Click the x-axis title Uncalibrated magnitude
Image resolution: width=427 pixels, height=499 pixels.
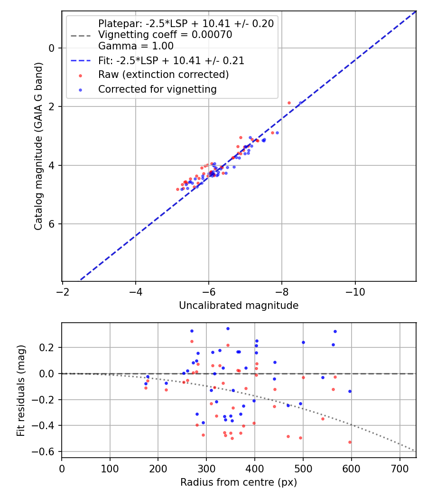click(x=239, y=306)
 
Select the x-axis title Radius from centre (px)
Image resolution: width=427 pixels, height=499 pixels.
click(x=239, y=482)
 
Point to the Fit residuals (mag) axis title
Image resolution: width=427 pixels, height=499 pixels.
click(x=21, y=390)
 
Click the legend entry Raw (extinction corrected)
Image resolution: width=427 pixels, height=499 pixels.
click(x=163, y=75)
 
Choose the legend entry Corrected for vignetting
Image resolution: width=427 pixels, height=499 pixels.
click(x=157, y=89)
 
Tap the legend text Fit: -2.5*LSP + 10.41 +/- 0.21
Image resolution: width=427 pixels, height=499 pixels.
click(x=171, y=60)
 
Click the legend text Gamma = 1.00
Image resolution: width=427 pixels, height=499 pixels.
click(x=136, y=46)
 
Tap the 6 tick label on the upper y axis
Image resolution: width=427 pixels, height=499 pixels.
click(x=53, y=224)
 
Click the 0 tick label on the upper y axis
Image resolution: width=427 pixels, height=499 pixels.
click(x=53, y=48)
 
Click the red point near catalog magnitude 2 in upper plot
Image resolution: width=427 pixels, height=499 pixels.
click(x=289, y=103)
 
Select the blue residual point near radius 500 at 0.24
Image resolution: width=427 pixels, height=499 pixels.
click(x=303, y=342)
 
